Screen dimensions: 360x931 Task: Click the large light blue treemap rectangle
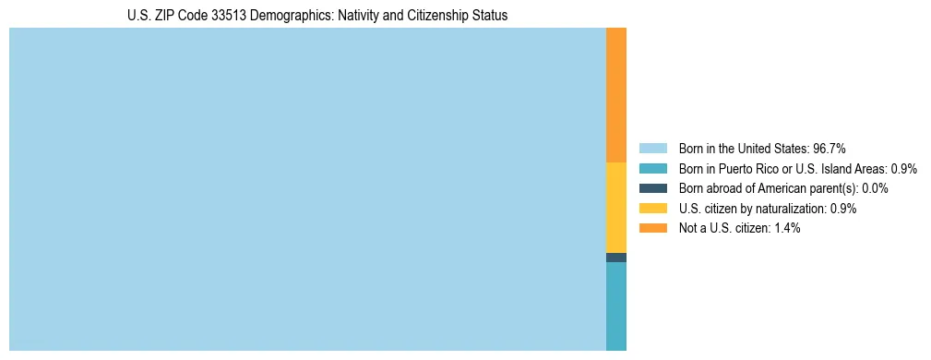[307, 189]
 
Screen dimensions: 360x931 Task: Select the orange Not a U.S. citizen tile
[615, 95]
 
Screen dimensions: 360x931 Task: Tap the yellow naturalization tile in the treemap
[615, 208]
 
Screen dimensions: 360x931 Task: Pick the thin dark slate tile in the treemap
[615, 258]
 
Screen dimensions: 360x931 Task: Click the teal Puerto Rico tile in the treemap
[615, 306]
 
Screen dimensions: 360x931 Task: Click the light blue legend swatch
[652, 149]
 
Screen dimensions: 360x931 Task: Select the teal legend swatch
[652, 169]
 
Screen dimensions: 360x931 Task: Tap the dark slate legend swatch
[652, 188]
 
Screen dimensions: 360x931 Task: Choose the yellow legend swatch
[652, 209]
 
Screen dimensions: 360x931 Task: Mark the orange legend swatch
[652, 228]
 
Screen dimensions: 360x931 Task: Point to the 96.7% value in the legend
[829, 149]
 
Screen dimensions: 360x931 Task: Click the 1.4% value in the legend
[783, 228]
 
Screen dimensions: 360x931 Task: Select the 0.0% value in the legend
[875, 188]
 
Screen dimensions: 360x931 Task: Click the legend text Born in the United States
[744, 149]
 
